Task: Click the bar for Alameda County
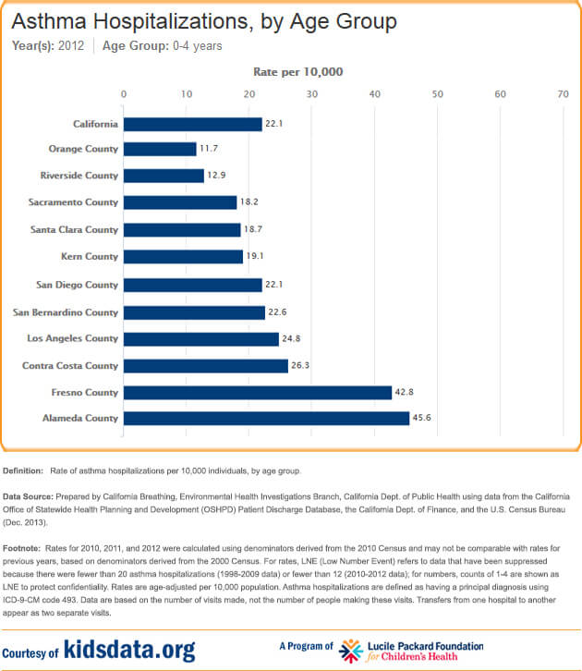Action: click(x=266, y=419)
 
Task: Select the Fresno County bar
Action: click(x=258, y=393)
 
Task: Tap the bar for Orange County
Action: click(x=160, y=149)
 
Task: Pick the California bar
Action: click(x=192, y=124)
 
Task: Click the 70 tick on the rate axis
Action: click(x=563, y=93)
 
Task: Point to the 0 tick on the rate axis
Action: click(x=124, y=93)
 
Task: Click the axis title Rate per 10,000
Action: click(x=297, y=71)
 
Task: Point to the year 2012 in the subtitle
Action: click(x=71, y=45)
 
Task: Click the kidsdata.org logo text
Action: click(x=129, y=650)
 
